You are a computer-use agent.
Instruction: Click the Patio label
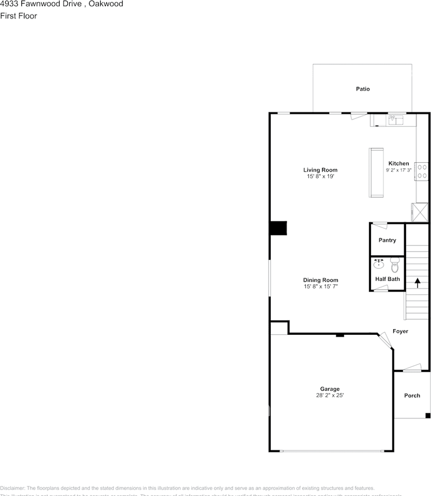pos(363,89)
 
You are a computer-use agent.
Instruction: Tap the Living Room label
pos(320,170)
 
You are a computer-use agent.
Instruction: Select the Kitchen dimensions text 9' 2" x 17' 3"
pos(398,170)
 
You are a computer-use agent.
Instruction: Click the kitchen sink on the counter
pos(395,120)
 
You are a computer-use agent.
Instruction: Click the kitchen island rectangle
pos(376,173)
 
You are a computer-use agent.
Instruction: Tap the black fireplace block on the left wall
pos(279,228)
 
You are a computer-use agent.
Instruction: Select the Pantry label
pos(387,240)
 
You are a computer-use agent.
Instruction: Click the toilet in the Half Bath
pos(395,266)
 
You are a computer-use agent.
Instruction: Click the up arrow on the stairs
pos(417,283)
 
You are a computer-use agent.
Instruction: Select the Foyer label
pos(400,331)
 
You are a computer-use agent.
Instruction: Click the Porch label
pos(412,396)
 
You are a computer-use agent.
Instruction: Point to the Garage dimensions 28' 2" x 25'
pos(330,395)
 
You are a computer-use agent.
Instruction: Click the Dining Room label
pos(320,280)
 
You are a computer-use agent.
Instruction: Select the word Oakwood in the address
pos(106,4)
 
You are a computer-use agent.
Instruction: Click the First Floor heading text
pos(19,16)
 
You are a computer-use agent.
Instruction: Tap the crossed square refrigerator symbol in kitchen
pos(420,212)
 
